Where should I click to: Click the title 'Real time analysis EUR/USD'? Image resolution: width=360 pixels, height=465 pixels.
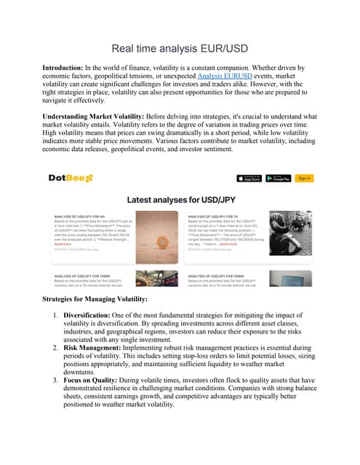tap(180, 49)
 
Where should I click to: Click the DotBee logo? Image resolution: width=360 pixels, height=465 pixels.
tap(71, 179)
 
